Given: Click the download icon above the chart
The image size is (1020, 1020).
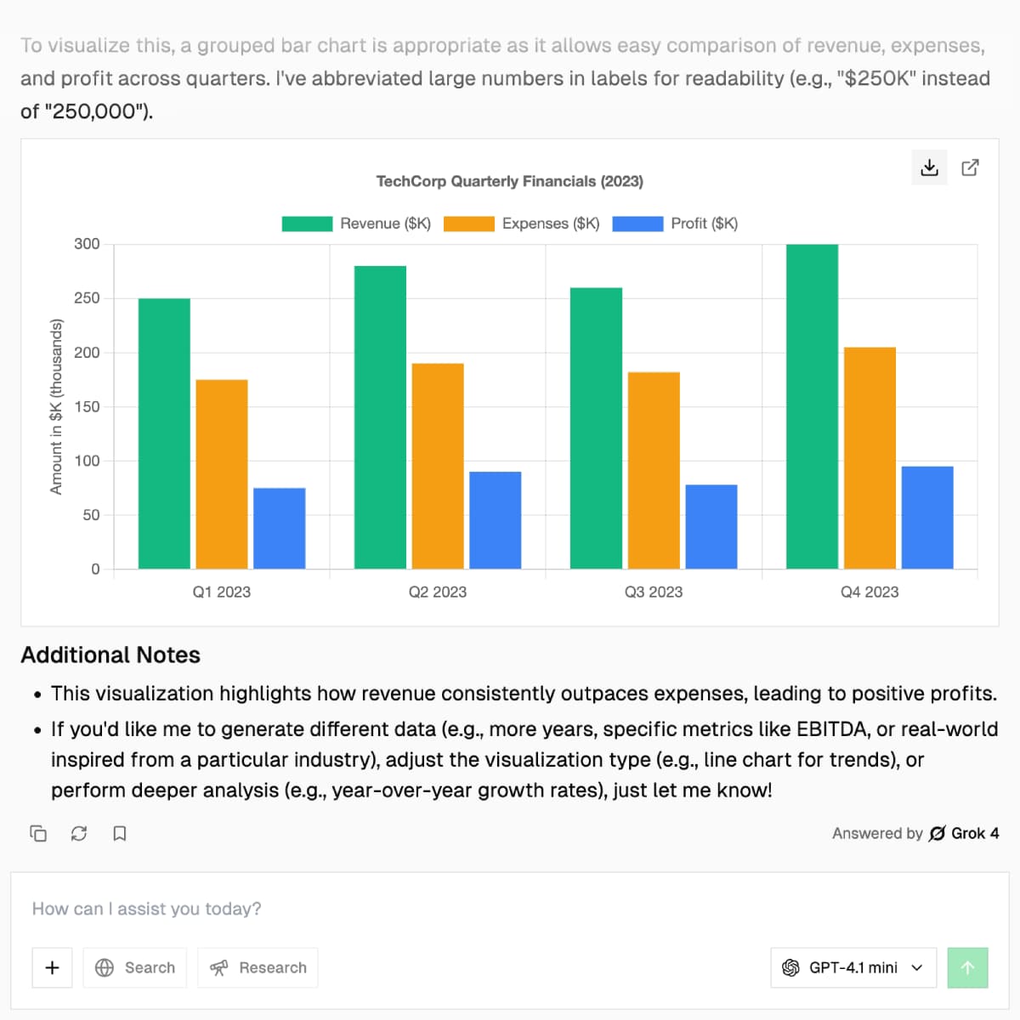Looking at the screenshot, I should pyautogui.click(x=929, y=167).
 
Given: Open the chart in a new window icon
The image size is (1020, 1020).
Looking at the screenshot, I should pyautogui.click(x=970, y=167).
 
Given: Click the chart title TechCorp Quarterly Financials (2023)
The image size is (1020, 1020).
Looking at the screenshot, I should pyautogui.click(x=509, y=181).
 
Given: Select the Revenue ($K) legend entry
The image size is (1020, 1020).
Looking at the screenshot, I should pyautogui.click(x=357, y=224).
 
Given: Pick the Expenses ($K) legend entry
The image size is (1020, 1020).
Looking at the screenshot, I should pyautogui.click(x=522, y=224).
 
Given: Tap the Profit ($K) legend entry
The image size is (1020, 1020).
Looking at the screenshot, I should pyautogui.click(x=675, y=224).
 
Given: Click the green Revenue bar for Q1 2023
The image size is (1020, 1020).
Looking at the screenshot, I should pyautogui.click(x=164, y=433).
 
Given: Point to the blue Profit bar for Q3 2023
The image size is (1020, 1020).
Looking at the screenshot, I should pyautogui.click(x=711, y=527).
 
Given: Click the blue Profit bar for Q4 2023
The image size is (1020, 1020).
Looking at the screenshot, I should pyautogui.click(x=926, y=518).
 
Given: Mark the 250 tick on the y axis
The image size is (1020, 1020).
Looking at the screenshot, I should pyautogui.click(x=87, y=298).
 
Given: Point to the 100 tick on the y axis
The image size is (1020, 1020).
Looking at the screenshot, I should pyautogui.click(x=87, y=461).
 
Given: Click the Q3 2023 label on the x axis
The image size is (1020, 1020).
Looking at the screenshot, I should pyautogui.click(x=653, y=592).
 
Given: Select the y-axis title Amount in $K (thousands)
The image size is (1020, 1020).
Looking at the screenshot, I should pyautogui.click(x=56, y=406).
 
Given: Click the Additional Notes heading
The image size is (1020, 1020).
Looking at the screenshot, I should pyautogui.click(x=110, y=655).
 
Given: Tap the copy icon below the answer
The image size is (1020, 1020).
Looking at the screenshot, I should pyautogui.click(x=38, y=833).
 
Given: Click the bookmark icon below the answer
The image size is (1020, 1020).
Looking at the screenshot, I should pyautogui.click(x=120, y=833).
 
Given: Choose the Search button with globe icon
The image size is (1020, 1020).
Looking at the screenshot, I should pyautogui.click(x=135, y=967).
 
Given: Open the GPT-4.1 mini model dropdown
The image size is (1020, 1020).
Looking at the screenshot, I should pyautogui.click(x=853, y=967).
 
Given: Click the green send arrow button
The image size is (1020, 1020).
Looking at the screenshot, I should pyautogui.click(x=967, y=967).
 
